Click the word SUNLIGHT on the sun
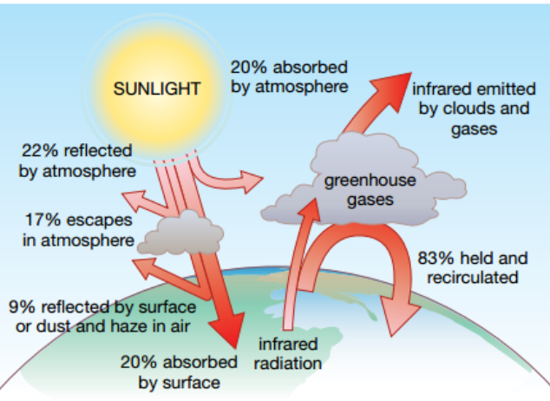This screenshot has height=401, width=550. (x=158, y=89)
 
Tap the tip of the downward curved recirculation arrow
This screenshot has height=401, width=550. (x=397, y=328)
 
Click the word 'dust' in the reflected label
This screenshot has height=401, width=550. (x=81, y=325)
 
